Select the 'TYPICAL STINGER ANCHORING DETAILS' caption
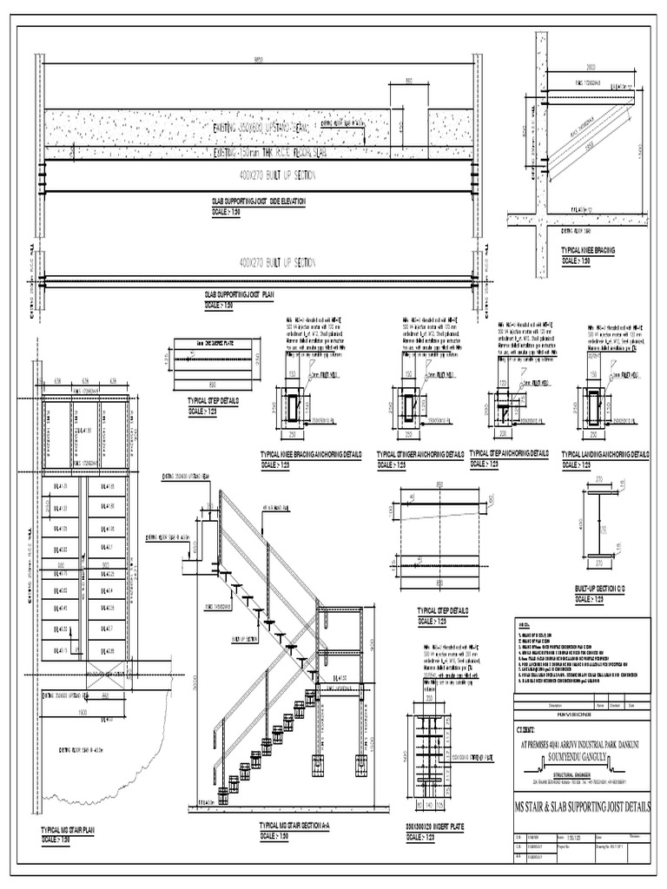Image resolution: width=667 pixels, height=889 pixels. click(420, 454)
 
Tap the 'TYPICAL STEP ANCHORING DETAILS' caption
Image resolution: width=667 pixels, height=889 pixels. click(509, 454)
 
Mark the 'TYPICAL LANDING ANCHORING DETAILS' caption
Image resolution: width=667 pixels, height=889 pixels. click(605, 454)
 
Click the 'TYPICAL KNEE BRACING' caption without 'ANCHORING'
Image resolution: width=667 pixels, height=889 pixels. click(589, 250)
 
